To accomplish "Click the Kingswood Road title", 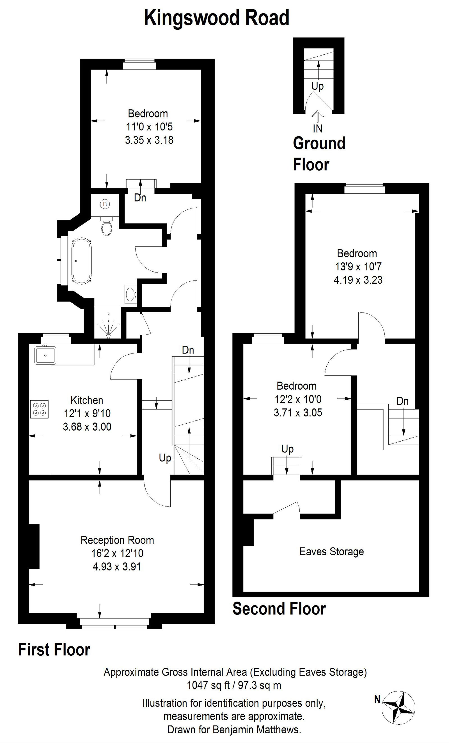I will (216, 18).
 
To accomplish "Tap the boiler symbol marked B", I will (105, 204).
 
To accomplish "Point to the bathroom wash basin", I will (130, 294).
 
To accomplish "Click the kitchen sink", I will (45, 355).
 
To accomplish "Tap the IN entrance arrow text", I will (317, 129).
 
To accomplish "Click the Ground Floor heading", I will (319, 154).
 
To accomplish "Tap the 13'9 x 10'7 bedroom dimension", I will (358, 267).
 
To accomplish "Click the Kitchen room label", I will (87, 400).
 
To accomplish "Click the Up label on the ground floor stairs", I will (317, 86).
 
